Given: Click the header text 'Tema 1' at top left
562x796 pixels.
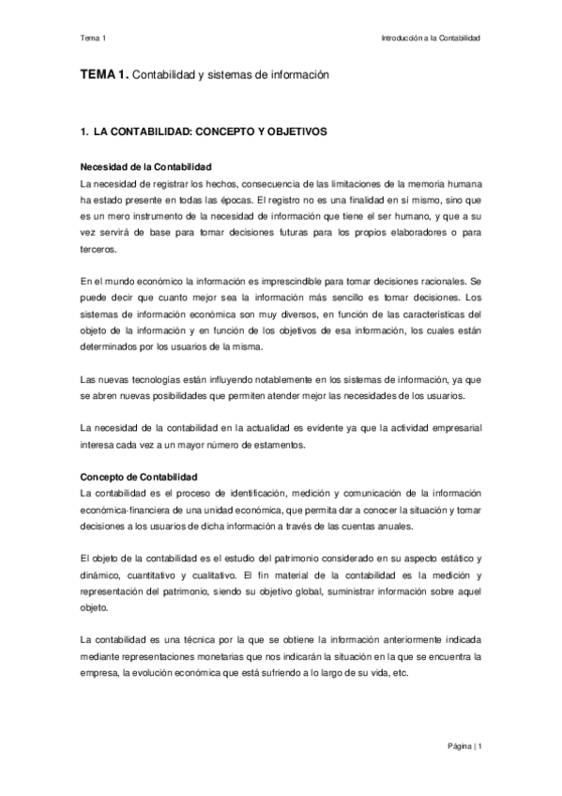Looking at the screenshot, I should tap(94, 38).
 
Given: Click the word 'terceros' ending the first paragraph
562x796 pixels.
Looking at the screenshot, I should tap(99, 250).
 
